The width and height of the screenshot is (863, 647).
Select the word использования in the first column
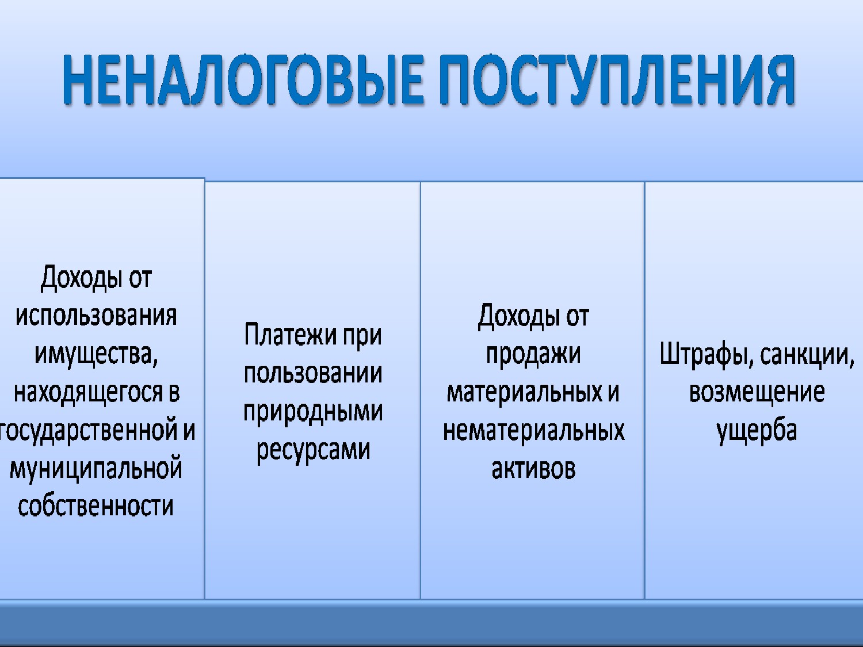point(96,317)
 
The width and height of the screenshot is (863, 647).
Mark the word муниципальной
point(96,469)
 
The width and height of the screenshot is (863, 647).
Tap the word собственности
point(96,506)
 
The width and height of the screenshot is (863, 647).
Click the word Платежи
point(291,335)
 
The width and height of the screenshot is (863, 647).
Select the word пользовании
point(313,373)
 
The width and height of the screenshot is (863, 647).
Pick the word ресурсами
point(314,450)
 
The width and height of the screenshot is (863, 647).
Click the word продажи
point(533,355)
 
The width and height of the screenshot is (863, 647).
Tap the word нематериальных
point(534,431)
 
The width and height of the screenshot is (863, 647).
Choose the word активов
point(533,469)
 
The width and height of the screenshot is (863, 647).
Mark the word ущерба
point(757,431)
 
